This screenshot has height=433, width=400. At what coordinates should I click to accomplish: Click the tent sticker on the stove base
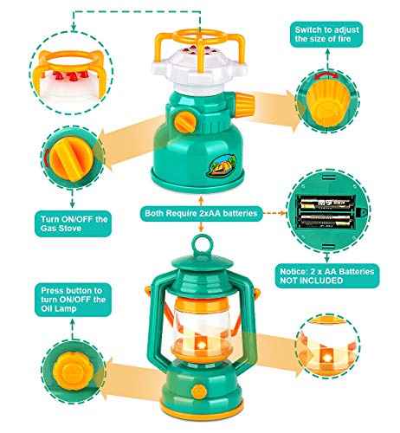click(x=222, y=165)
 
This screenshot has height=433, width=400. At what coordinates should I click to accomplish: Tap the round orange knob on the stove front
click(x=185, y=121)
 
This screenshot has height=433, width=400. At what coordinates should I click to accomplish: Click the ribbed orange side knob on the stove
click(x=244, y=105)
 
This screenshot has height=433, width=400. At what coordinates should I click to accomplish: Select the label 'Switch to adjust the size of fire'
click(x=326, y=35)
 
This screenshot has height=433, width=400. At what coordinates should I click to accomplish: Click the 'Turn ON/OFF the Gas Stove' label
click(x=73, y=223)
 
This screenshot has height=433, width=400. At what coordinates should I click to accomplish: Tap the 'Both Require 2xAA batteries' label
click(x=201, y=213)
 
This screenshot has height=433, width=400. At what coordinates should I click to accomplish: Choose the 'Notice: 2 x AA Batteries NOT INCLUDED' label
click(x=327, y=275)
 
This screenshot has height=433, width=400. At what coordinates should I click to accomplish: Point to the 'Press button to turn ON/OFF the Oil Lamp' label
click(x=73, y=300)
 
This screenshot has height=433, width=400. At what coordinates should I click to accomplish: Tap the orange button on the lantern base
click(x=199, y=391)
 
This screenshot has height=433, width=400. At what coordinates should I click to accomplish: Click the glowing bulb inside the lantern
click(x=202, y=345)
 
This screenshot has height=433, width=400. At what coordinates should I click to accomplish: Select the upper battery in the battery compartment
click(x=326, y=204)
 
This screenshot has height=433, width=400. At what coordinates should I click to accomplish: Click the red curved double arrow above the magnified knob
click(x=326, y=74)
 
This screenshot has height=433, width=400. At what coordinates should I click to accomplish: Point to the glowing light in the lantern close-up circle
click(x=327, y=359)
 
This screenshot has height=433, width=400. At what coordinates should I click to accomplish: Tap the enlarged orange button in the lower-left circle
click(x=73, y=370)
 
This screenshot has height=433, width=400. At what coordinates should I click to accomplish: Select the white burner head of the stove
click(x=200, y=66)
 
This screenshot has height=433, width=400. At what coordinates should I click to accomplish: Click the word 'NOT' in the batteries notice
click(x=289, y=281)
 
